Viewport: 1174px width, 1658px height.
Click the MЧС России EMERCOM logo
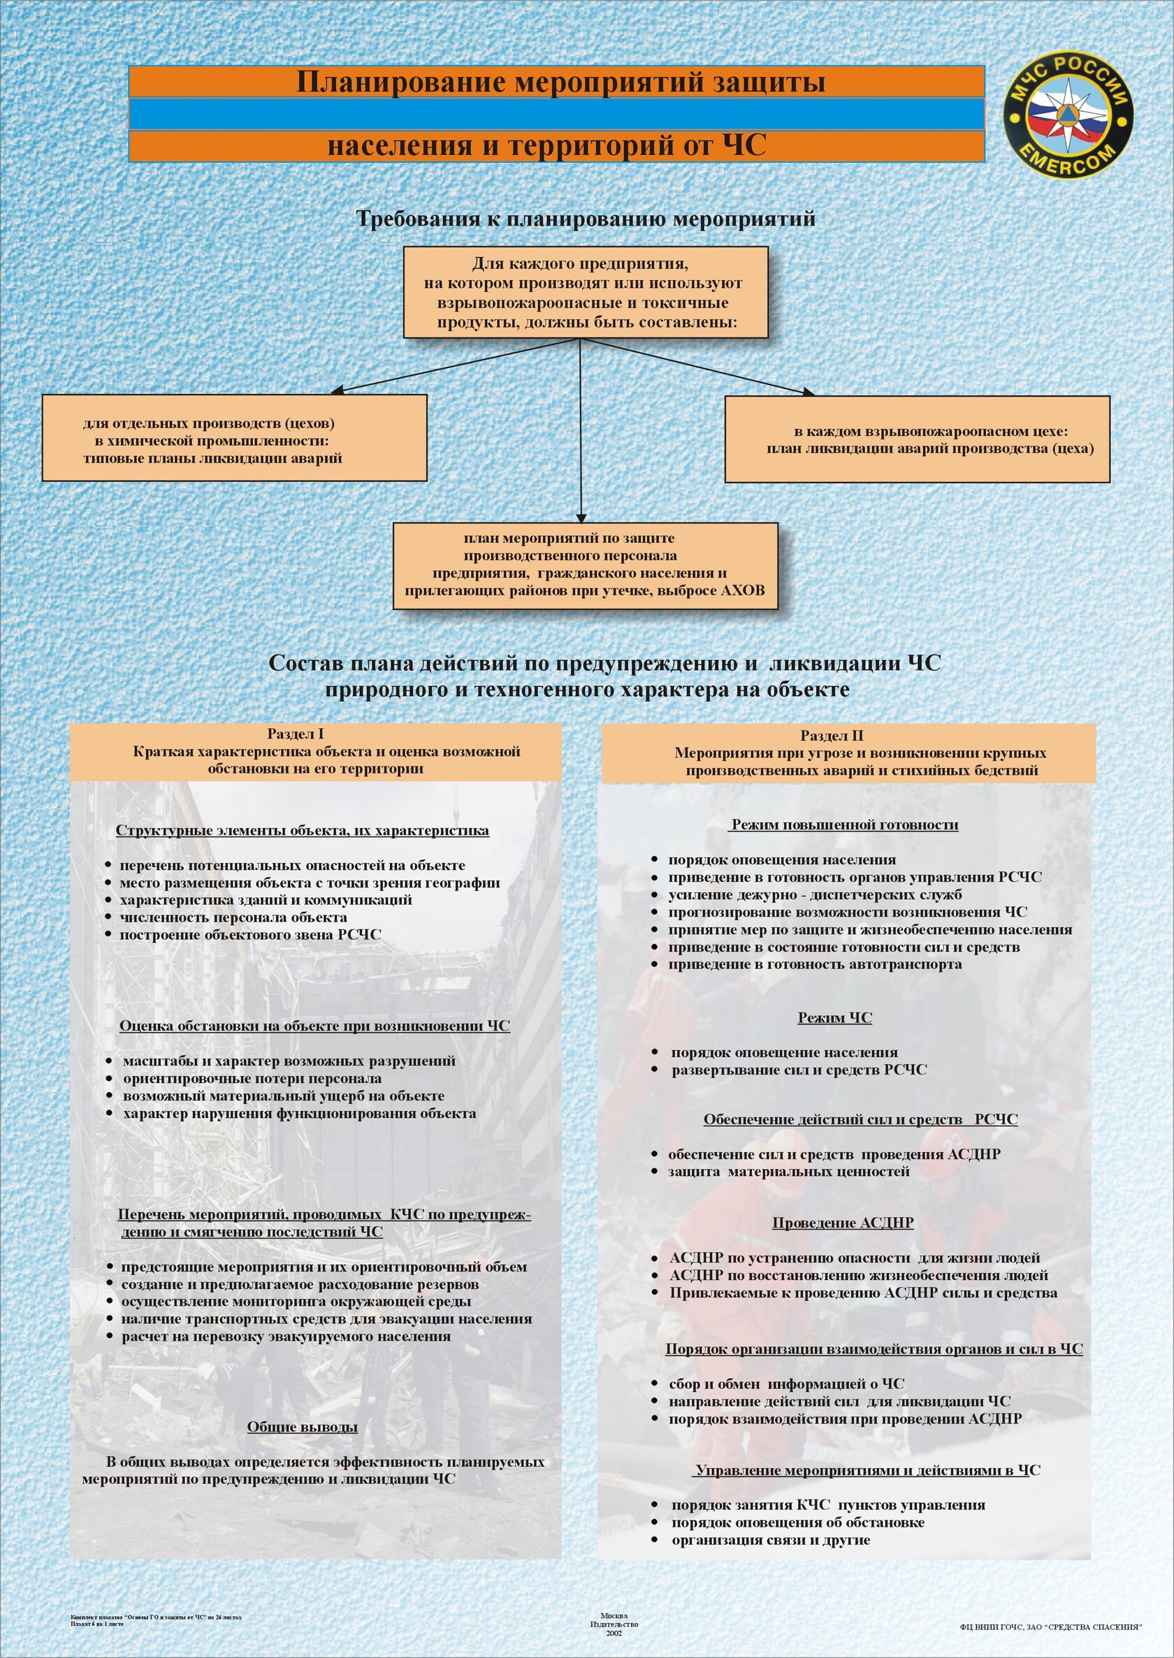(x=1068, y=114)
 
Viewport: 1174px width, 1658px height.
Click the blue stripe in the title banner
(x=557, y=114)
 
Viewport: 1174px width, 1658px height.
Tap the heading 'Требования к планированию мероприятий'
(x=586, y=218)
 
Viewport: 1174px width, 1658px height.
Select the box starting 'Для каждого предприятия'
(x=585, y=292)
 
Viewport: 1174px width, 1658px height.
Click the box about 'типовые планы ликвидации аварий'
(x=234, y=437)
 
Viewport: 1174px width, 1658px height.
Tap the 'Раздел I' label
(x=295, y=734)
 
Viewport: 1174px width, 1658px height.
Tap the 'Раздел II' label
(x=832, y=736)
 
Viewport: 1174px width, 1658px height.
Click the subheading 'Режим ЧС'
(x=834, y=1017)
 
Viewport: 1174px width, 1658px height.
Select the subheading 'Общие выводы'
(x=302, y=1427)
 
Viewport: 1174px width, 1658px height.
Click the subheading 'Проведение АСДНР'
(x=842, y=1223)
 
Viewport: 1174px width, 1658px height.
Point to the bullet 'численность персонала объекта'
(x=233, y=917)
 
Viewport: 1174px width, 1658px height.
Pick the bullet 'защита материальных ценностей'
(x=789, y=1172)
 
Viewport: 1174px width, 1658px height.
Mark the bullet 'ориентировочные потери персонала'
(x=252, y=1078)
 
